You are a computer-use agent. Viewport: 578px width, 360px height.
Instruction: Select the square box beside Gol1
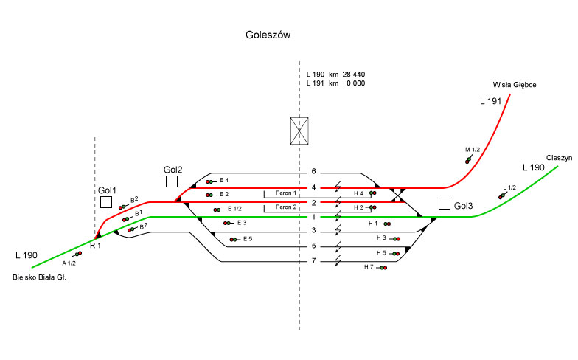coord(106,201)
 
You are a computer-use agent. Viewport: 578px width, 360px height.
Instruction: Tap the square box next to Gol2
coord(172,181)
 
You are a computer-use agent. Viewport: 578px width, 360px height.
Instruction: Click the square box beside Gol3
coord(444,203)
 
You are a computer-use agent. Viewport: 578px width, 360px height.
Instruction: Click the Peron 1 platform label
coord(286,193)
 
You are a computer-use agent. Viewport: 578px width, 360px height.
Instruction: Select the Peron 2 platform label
coord(286,207)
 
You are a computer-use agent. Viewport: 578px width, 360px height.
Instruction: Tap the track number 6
coord(313,172)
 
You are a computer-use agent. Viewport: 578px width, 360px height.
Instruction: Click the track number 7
coord(313,261)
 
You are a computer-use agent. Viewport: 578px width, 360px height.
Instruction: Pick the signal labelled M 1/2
coord(467,159)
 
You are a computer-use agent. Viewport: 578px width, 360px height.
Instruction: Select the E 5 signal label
coord(247,238)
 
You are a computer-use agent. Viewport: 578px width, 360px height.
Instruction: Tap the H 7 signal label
coord(369,267)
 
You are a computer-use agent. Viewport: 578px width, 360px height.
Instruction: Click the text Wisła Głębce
coord(515,86)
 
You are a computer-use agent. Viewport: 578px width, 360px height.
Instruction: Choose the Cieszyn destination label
coord(560,159)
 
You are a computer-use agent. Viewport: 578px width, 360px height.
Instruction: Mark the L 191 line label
coord(490,100)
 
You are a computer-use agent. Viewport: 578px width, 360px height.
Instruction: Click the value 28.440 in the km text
coord(353,75)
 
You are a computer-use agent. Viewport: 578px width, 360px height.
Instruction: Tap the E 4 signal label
coord(224,180)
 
